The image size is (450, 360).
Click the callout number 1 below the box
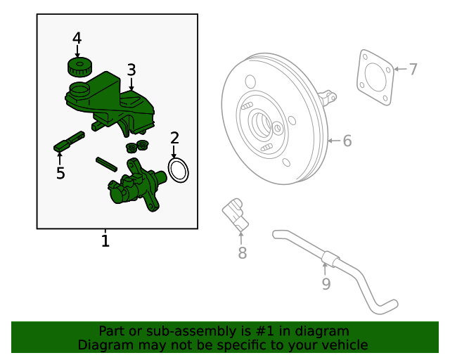point(105,242)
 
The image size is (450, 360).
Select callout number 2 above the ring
point(175,139)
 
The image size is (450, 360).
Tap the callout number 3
point(131,70)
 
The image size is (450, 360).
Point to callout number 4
point(77,37)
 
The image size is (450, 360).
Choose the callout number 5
point(60,173)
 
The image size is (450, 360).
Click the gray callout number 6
point(347,141)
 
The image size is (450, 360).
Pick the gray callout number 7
point(413,69)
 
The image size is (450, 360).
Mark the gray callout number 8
point(242,253)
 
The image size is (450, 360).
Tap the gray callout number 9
point(326,283)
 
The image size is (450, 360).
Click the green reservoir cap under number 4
point(79,67)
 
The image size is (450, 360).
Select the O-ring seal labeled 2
point(179,169)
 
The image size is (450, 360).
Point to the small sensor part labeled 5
point(67,141)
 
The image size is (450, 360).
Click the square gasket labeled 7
point(375,78)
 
